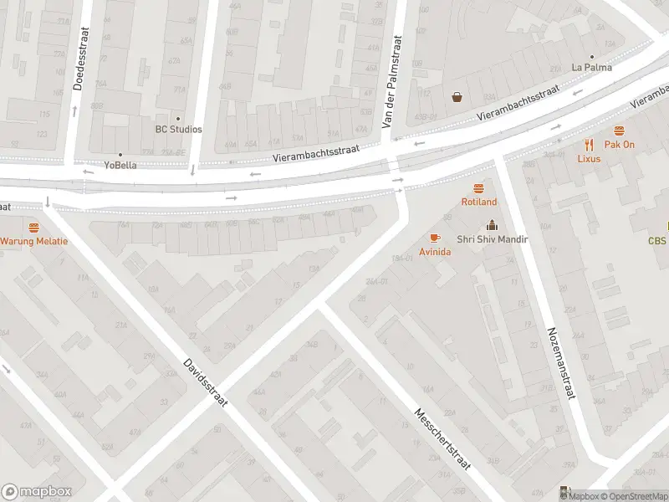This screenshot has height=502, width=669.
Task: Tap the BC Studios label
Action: tap(178, 129)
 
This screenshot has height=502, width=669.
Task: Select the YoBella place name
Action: tap(120, 165)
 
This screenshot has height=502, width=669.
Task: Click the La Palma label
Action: tap(591, 67)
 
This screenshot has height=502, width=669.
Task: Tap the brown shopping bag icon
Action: tap(457, 96)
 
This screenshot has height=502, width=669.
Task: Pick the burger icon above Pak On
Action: tap(619, 131)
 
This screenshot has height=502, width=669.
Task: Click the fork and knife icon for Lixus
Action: tap(589, 144)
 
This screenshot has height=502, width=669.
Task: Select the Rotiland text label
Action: tap(478, 202)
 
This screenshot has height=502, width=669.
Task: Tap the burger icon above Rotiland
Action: tap(478, 188)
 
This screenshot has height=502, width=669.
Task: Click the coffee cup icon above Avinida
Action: tap(434, 238)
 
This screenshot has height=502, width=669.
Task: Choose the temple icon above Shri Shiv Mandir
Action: tap(492, 224)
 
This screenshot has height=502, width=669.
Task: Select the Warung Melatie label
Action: tap(33, 241)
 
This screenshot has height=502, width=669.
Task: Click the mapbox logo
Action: tap(37, 492)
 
